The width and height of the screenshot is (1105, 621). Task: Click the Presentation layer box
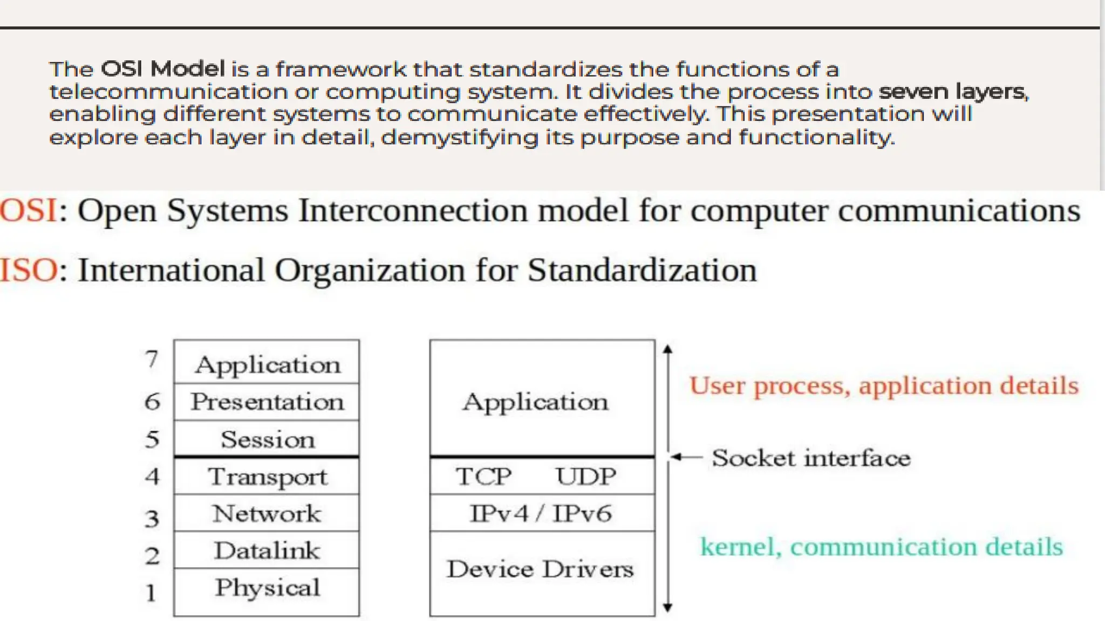267,402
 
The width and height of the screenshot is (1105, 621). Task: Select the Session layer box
267,439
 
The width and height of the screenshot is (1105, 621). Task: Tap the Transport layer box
267,477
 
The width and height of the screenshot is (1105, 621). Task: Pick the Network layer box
267,513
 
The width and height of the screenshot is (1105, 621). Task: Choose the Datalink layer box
267,550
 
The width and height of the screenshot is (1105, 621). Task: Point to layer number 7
152,359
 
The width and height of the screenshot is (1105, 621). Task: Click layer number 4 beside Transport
152,477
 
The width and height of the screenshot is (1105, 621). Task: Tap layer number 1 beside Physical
151,593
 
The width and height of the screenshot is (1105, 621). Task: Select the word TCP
483,477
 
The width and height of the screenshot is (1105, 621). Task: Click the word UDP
586,477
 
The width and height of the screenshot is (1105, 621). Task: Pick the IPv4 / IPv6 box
542,513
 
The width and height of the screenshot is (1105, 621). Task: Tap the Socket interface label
811,458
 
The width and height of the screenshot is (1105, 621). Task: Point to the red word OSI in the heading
28,211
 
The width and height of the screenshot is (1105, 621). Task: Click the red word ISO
28,270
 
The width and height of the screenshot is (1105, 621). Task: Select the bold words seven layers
953,92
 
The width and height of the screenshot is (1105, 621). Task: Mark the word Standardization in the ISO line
642,270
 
